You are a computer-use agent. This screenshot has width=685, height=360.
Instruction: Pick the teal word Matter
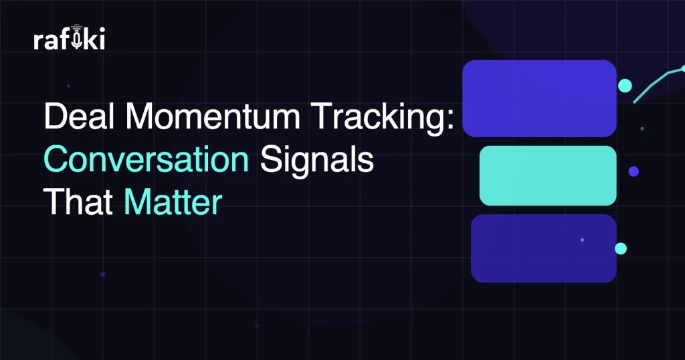[x=173, y=203]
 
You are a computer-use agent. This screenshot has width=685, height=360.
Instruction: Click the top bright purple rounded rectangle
[x=539, y=98]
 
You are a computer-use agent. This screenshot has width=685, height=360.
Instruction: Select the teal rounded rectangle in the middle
[x=547, y=175]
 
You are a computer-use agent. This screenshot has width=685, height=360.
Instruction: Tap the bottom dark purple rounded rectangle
[x=543, y=248]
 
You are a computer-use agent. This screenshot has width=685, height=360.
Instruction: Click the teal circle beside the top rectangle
[x=625, y=86]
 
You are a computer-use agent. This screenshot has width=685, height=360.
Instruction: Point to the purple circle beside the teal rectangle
[x=633, y=171]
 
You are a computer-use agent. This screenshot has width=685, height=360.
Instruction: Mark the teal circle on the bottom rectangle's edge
[x=621, y=248]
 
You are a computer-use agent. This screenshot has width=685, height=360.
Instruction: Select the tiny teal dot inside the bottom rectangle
[x=582, y=240]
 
